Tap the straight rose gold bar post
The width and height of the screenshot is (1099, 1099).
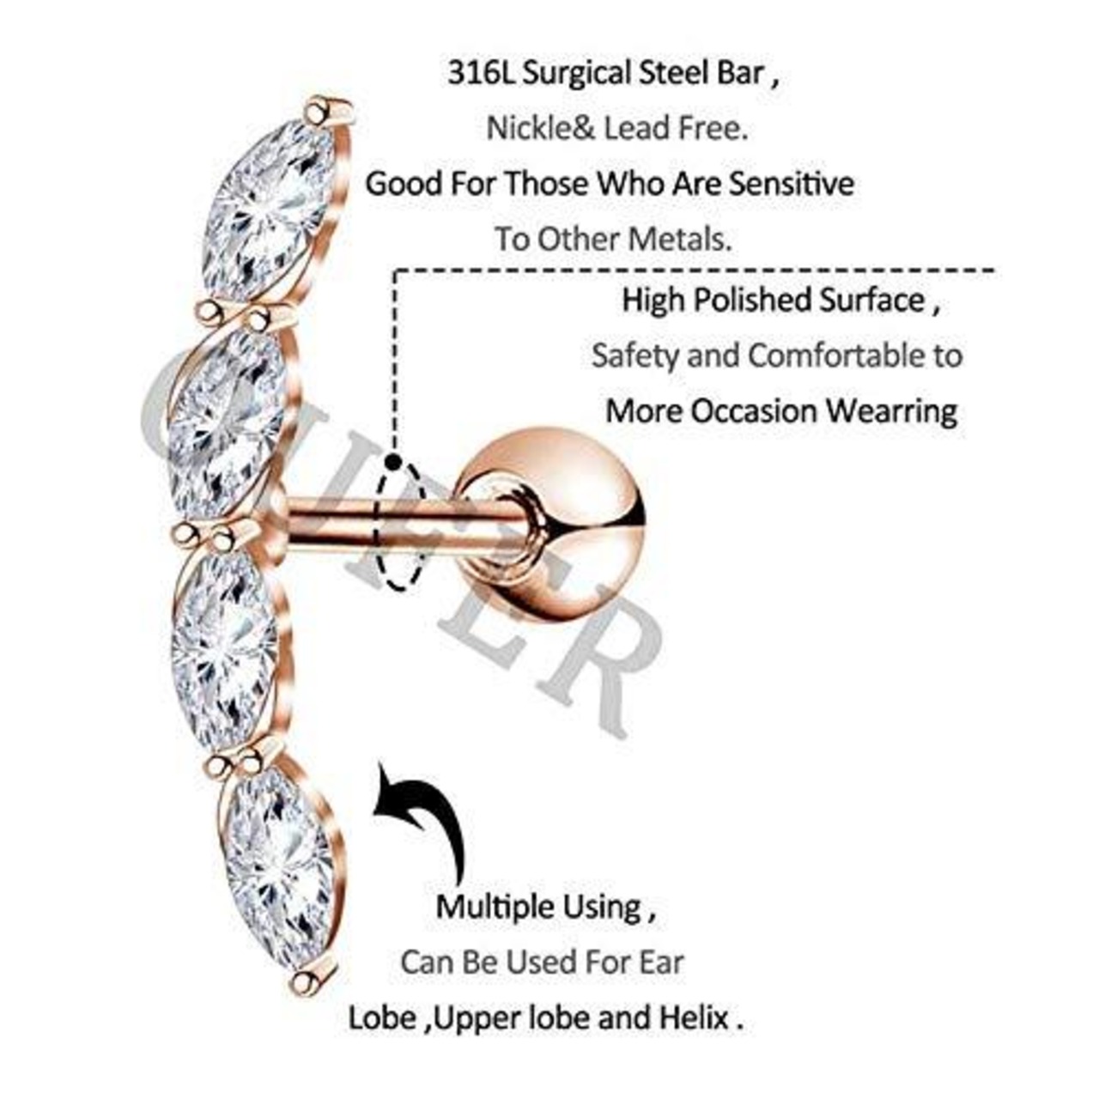399,524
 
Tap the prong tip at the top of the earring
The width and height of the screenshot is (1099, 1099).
317,111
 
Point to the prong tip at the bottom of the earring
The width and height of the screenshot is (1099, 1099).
302,982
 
